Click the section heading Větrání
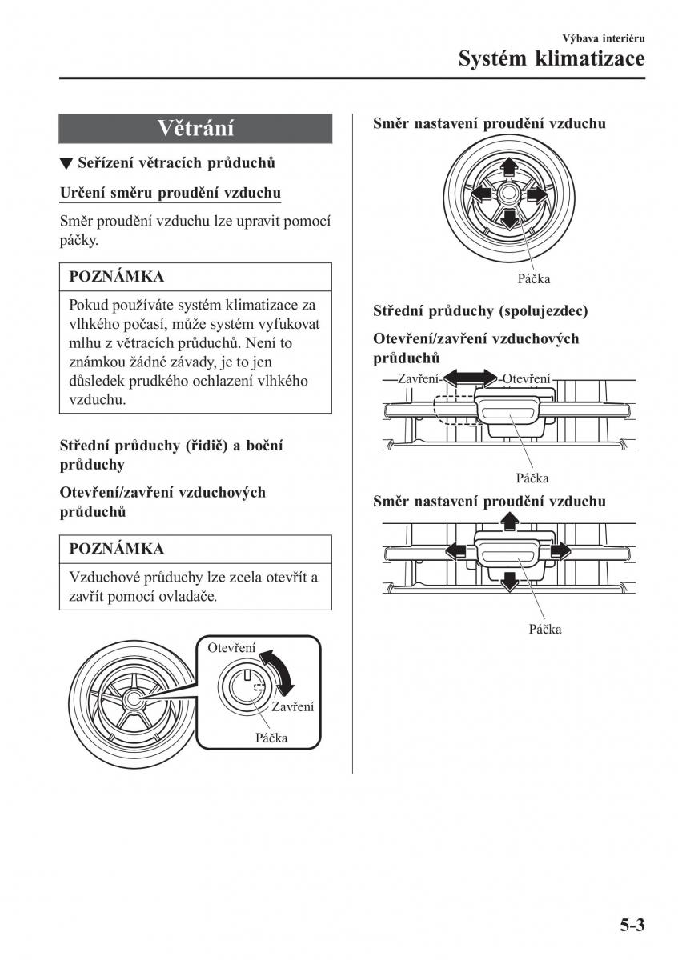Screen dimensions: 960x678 [195, 128]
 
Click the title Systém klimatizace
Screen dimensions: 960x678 [551, 59]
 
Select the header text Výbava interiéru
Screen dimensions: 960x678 [604, 38]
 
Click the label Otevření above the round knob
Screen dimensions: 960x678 [231, 648]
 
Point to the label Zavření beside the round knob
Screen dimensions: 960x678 [292, 707]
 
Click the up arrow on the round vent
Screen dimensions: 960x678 [507, 166]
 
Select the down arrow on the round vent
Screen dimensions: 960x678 [507, 218]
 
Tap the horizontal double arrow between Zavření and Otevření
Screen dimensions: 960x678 [471, 378]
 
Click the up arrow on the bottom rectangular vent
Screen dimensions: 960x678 [507, 522]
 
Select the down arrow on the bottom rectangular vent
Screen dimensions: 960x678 [507, 582]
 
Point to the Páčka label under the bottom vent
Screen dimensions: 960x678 [544, 629]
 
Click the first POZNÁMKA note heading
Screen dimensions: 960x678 [117, 277]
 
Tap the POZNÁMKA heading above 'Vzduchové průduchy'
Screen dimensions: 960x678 [117, 549]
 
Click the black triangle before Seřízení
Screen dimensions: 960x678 [66, 164]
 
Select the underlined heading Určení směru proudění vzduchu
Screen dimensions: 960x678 [170, 193]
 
